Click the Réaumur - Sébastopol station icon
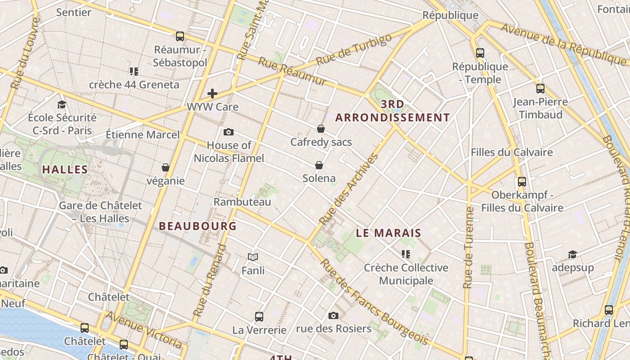click(180, 36)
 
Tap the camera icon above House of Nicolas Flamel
click(229, 132)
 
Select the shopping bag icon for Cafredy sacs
click(321, 129)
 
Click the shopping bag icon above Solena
click(319, 165)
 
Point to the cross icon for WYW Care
click(212, 94)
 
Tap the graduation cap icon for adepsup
click(572, 255)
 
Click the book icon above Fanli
click(253, 257)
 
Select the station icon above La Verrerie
click(259, 316)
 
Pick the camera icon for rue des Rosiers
click(333, 315)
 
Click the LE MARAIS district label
click(388, 233)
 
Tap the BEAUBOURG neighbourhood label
click(198, 226)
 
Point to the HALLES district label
click(65, 170)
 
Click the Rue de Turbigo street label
click(354, 49)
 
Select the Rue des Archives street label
click(349, 189)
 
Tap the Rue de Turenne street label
click(468, 247)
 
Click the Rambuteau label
click(242, 202)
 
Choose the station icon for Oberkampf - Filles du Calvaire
click(522, 182)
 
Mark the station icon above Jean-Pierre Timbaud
click(540, 89)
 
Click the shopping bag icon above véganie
click(166, 167)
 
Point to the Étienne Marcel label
click(143, 135)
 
